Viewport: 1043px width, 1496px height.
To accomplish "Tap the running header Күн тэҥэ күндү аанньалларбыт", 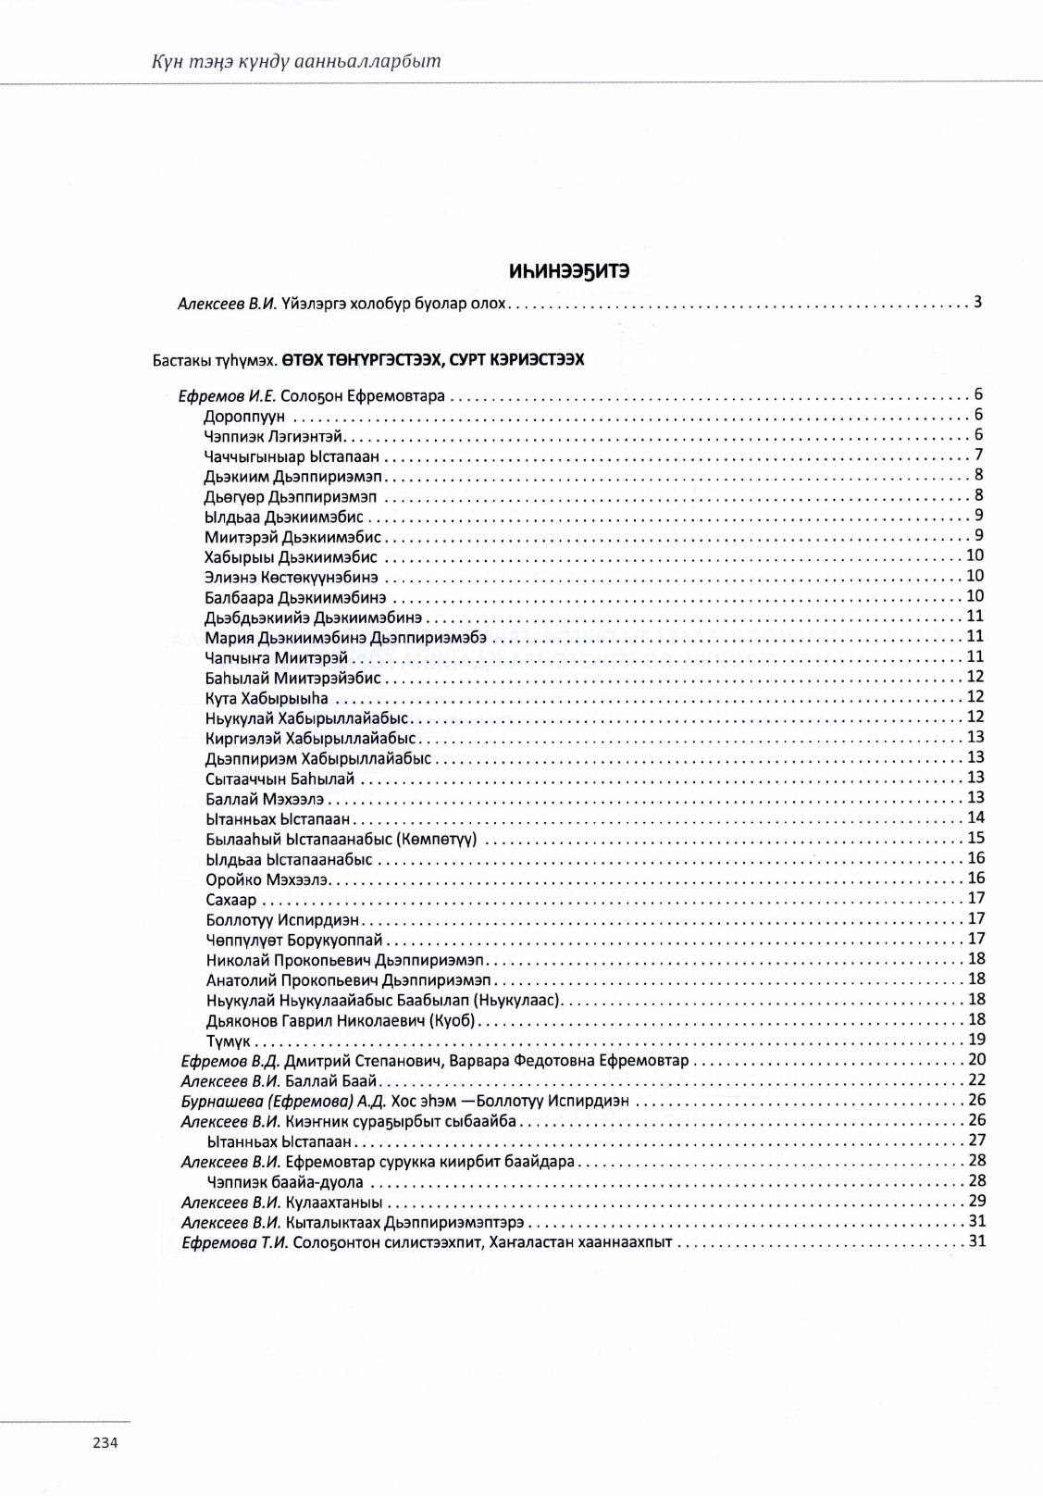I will [x=296, y=62].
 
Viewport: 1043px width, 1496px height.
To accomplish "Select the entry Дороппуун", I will [x=244, y=417].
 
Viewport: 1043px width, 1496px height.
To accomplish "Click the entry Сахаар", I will [x=231, y=900].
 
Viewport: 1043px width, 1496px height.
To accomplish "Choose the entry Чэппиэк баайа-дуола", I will [x=285, y=1182].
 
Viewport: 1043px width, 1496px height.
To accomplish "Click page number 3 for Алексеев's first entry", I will [x=977, y=302].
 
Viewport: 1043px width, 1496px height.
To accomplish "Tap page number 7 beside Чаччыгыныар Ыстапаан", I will [x=978, y=455].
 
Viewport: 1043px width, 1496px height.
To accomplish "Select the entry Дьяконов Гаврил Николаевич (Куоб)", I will [x=341, y=1020].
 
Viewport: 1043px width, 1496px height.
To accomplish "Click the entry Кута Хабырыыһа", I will [x=267, y=698].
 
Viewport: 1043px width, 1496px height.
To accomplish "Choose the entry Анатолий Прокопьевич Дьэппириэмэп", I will [x=349, y=980].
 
